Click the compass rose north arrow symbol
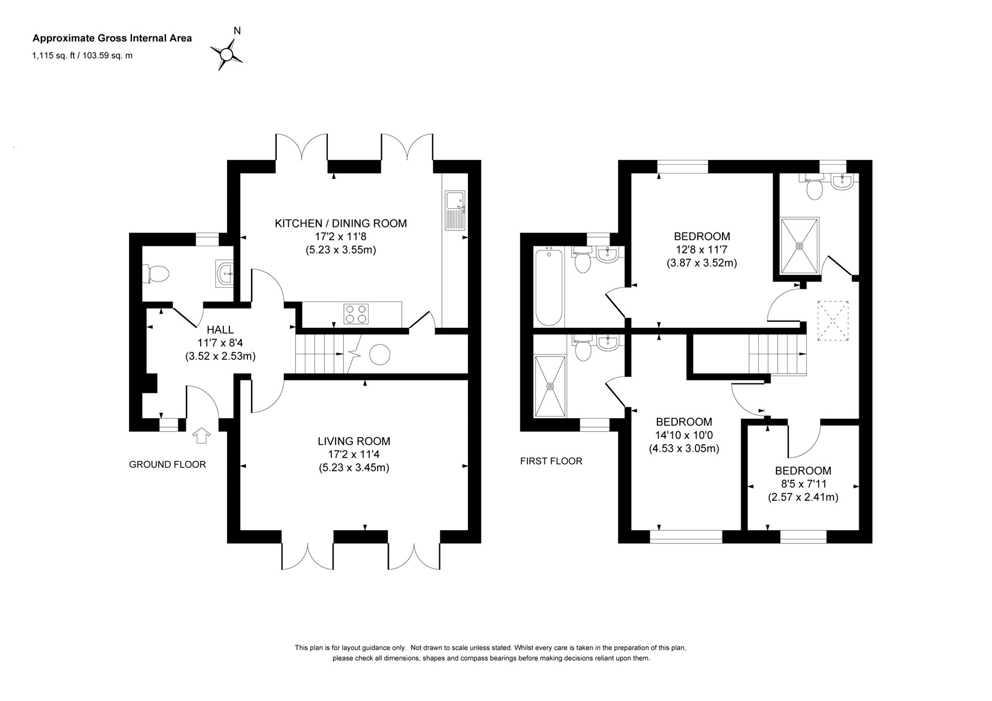pos(227,53)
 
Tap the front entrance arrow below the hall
pos(202,435)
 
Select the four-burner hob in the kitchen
pos(355,314)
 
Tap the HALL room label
pos(220,330)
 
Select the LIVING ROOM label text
pos(354,441)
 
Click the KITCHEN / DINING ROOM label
pos(341,223)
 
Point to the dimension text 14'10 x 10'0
pos(684,435)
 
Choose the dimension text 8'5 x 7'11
pos(803,484)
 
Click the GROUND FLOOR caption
pos(168,465)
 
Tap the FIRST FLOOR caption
pos(551,461)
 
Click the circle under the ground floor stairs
pos(380,354)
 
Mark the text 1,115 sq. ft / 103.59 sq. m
pos(83,55)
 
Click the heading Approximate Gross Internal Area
pos(112,38)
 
